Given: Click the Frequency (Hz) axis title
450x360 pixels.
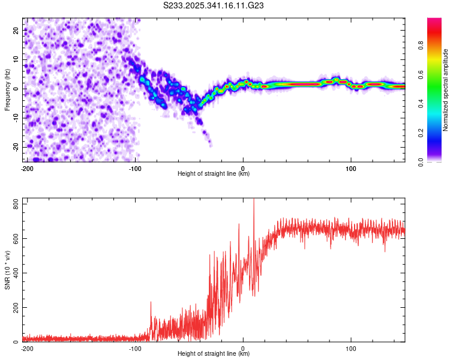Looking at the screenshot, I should (7, 89).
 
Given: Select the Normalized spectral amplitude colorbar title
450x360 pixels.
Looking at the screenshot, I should (445, 90).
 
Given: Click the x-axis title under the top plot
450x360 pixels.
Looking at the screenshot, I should (214, 173).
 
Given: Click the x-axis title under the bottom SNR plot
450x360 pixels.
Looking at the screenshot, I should (214, 353).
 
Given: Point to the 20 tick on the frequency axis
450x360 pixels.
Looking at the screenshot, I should (16, 30).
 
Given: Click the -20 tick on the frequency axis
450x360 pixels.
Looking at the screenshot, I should (15, 147).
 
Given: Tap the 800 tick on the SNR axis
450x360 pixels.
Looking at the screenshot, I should (14, 205).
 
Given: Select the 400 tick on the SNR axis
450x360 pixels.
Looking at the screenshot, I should (14, 274).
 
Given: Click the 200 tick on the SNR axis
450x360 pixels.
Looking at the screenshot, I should (14, 308).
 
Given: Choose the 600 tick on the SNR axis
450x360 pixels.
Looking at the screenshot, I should (14, 239).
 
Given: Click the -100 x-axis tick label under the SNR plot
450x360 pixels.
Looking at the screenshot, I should (135, 348).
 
